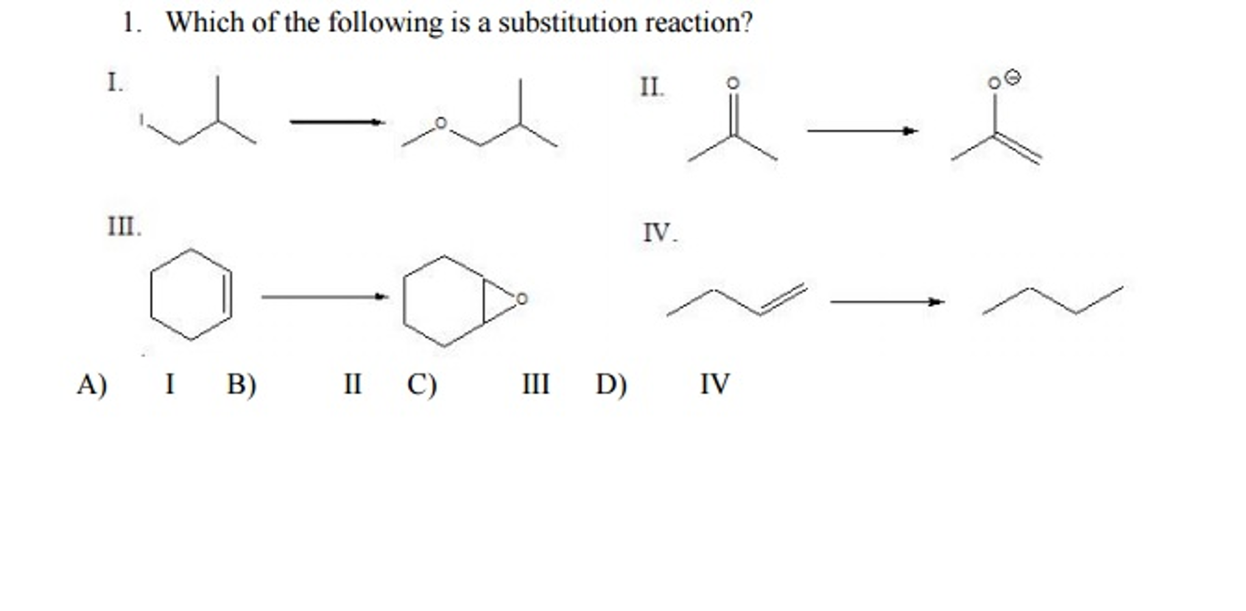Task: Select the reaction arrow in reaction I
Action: pyautogui.click(x=337, y=122)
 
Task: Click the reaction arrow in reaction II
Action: pyautogui.click(x=862, y=131)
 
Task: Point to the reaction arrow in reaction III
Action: pyautogui.click(x=325, y=297)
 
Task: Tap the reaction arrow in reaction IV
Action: pyautogui.click(x=887, y=302)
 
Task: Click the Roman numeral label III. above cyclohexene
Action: pyautogui.click(x=124, y=227)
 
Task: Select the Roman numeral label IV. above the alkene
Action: pyautogui.click(x=660, y=233)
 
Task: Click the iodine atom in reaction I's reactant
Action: pyautogui.click(x=141, y=119)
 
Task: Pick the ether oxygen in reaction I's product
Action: pyautogui.click(x=441, y=124)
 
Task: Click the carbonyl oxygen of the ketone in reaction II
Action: pyautogui.click(x=733, y=83)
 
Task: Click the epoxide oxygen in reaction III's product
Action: pyautogui.click(x=521, y=298)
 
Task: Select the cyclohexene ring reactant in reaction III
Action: pyautogui.click(x=191, y=294)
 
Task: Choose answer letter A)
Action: pyautogui.click(x=92, y=384)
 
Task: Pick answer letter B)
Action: pyautogui.click(x=242, y=384)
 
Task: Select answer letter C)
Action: pyautogui.click(x=422, y=384)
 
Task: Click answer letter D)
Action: pyautogui.click(x=611, y=384)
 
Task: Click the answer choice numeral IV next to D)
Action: pyautogui.click(x=714, y=384)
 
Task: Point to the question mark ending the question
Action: pyautogui.click(x=747, y=23)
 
